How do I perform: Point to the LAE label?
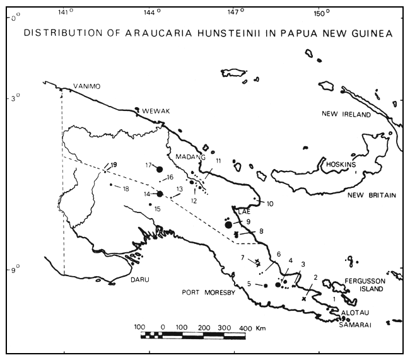(x=244, y=212)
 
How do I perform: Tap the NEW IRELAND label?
(x=345, y=114)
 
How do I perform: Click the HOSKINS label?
(x=341, y=165)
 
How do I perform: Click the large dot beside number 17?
(x=160, y=169)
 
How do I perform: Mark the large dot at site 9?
(x=228, y=224)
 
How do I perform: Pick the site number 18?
(x=126, y=189)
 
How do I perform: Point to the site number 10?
(x=269, y=204)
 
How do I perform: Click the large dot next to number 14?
(x=160, y=194)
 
